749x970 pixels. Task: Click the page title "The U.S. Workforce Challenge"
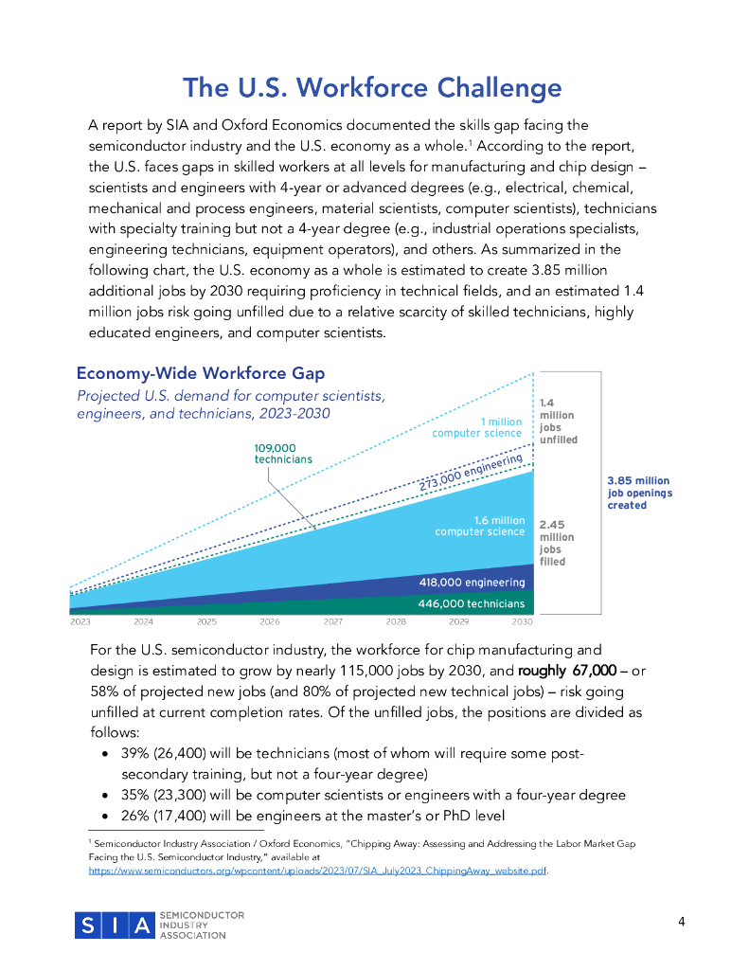pos(372,88)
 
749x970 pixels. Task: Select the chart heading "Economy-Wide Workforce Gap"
pos(201,373)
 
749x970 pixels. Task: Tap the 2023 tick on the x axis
pos(80,622)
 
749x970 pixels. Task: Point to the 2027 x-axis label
pos(332,622)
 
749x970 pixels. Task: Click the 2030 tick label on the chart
pos(522,622)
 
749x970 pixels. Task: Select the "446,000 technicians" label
pos(471,603)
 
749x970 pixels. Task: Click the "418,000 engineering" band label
pos(472,582)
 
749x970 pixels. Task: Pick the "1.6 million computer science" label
pos(480,526)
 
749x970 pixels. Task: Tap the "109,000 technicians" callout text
pos(283,454)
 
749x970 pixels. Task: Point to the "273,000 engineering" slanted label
pos(471,473)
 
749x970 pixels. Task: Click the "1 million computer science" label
pos(477,427)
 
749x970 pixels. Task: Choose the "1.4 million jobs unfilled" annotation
pos(557,422)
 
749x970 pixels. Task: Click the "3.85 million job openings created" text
pos(639,493)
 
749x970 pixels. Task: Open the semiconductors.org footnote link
pos(318,869)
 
